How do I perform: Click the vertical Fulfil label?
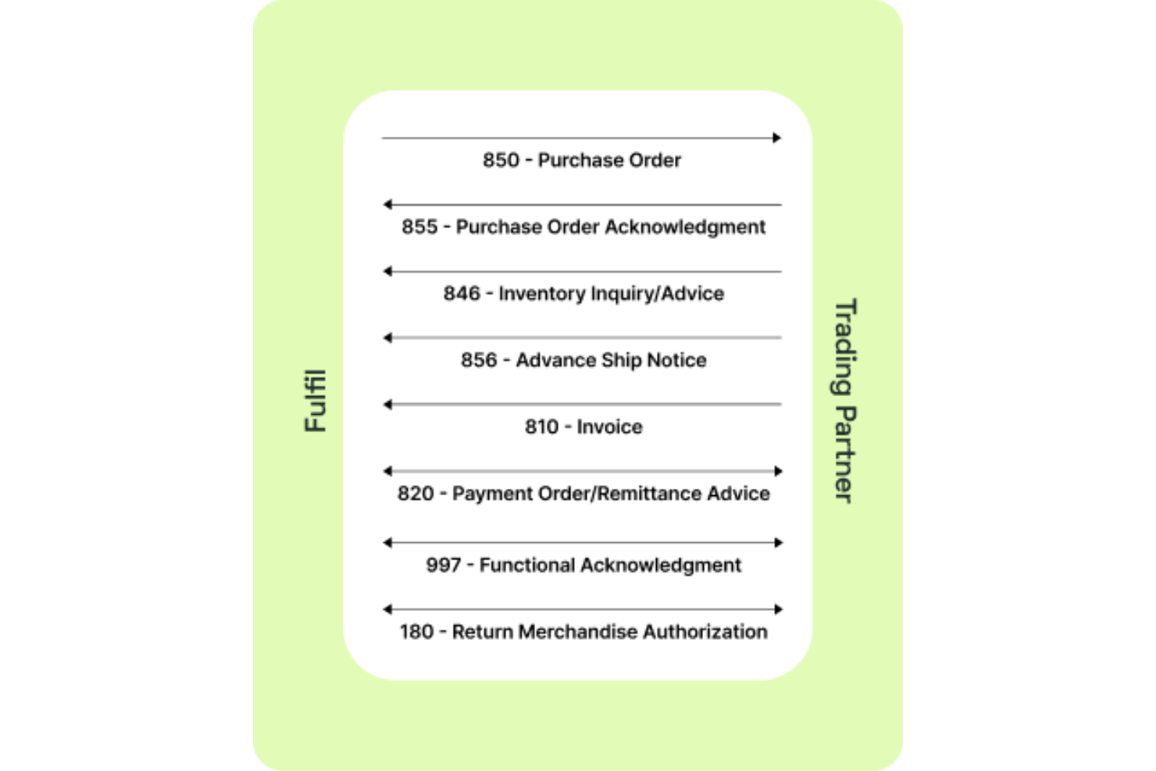316,401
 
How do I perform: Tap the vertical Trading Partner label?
845,401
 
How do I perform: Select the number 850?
501,160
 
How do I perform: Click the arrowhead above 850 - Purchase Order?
776,138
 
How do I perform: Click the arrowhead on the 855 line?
387,205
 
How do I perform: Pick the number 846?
462,294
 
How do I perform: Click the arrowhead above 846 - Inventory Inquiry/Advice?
387,272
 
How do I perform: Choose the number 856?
479,360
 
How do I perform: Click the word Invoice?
609,427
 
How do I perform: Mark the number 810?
541,427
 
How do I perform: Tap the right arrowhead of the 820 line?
778,471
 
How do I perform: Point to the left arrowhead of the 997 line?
387,543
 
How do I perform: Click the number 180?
416,632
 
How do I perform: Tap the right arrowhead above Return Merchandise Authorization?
778,609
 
